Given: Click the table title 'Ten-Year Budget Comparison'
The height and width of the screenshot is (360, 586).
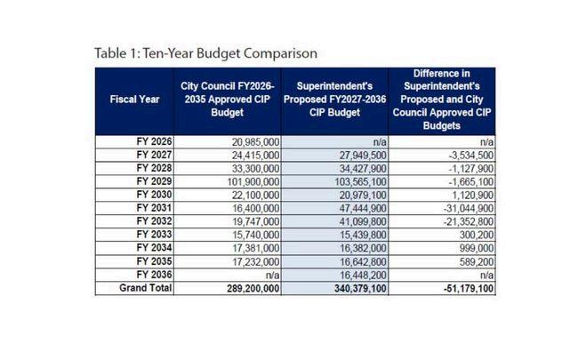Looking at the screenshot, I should click(205, 53).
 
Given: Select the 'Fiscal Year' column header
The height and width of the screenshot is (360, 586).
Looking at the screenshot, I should click(135, 100).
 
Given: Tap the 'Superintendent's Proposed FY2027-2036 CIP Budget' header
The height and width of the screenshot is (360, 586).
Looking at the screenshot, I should click(335, 100).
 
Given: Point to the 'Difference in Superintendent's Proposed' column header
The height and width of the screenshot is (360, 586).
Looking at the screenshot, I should click(441, 99).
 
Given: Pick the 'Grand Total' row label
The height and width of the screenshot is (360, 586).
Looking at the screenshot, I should click(146, 289).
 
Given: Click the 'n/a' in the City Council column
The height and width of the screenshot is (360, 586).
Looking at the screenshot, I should click(272, 276).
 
